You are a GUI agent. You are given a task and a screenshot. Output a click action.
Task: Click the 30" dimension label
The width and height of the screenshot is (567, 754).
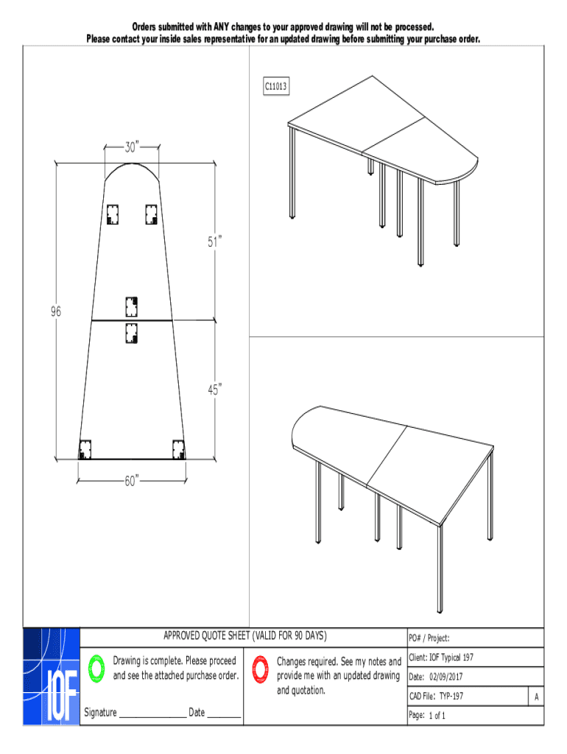click(132, 147)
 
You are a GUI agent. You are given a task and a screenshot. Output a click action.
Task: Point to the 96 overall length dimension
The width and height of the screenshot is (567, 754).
click(56, 311)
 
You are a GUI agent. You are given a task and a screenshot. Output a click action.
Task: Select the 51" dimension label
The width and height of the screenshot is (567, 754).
click(214, 242)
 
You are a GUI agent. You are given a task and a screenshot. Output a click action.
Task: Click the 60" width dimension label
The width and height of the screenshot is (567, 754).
click(132, 481)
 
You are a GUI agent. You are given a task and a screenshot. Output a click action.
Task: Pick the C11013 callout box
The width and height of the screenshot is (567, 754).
click(276, 86)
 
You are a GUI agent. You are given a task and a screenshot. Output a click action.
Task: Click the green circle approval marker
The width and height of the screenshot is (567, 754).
click(96, 669)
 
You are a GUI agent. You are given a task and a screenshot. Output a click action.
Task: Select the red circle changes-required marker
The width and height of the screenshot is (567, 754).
click(260, 669)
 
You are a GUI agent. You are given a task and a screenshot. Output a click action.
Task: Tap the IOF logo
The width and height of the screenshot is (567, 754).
click(52, 676)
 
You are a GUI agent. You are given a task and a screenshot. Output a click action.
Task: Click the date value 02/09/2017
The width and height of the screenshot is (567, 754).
click(445, 677)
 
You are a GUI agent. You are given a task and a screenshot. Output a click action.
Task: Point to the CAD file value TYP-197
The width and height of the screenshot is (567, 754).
click(451, 696)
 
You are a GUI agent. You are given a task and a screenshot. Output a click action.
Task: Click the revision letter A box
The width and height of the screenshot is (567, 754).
click(536, 697)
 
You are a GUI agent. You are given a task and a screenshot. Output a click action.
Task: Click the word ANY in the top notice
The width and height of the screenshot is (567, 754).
click(221, 27)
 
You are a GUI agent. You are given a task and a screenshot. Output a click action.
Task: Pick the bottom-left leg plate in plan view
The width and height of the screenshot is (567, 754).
click(85, 449)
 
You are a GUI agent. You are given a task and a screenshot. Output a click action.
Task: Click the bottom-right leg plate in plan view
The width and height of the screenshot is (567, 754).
click(178, 449)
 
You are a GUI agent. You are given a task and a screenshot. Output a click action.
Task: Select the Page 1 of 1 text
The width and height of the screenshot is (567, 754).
click(427, 716)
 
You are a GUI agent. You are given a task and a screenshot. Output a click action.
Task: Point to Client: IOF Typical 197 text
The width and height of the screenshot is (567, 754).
click(441, 658)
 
